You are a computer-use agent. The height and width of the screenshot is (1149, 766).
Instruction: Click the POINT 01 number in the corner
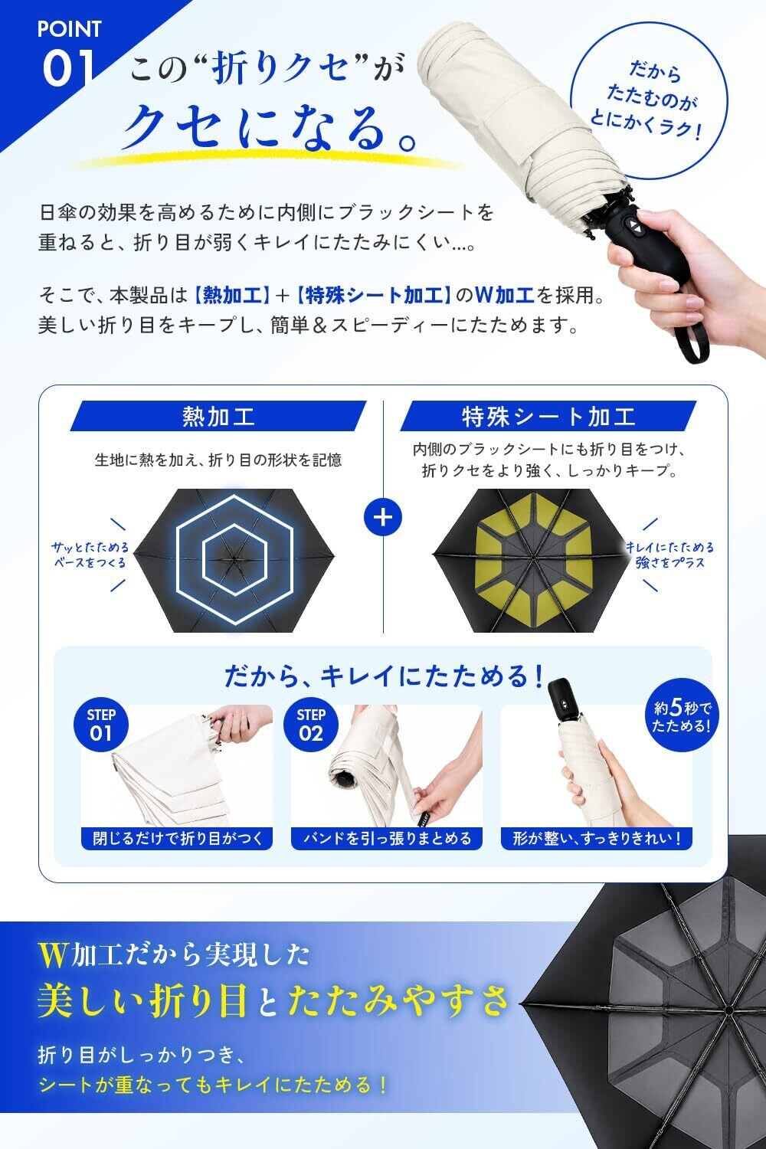pyautogui.click(x=68, y=69)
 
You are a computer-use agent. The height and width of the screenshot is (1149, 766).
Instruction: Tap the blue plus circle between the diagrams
pyautogui.click(x=383, y=517)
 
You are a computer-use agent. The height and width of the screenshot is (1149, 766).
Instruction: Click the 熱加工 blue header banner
pyautogui.click(x=218, y=415)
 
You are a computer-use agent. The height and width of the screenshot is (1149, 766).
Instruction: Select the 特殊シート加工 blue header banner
pyautogui.click(x=548, y=415)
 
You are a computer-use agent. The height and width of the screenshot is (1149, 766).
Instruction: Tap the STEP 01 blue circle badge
pyautogui.click(x=101, y=725)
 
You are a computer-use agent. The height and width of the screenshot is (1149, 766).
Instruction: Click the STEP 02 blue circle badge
pyautogui.click(x=310, y=725)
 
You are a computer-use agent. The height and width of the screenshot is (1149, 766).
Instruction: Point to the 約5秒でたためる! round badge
pyautogui.click(x=682, y=716)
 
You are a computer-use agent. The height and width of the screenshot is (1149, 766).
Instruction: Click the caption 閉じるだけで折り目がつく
pyautogui.click(x=177, y=838)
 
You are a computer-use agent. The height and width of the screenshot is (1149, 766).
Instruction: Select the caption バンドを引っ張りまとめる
pyautogui.click(x=387, y=838)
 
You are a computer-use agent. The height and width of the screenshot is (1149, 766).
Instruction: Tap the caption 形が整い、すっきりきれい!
pyautogui.click(x=597, y=838)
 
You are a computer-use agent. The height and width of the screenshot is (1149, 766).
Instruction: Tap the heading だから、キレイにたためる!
pyautogui.click(x=383, y=676)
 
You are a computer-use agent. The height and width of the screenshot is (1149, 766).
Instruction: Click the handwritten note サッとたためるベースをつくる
pyautogui.click(x=90, y=555)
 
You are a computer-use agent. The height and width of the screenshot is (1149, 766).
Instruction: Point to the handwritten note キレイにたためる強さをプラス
pyautogui.click(x=669, y=555)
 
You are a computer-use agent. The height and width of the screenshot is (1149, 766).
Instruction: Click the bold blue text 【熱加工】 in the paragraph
pyautogui.click(x=232, y=296)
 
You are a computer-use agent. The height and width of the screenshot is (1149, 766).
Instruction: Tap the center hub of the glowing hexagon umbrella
pyautogui.click(x=234, y=558)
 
